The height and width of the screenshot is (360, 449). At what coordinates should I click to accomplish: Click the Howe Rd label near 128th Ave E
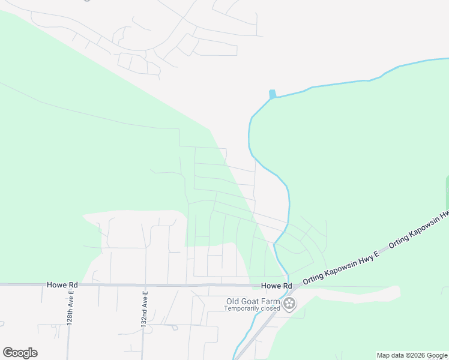pyautogui.click(x=62, y=284)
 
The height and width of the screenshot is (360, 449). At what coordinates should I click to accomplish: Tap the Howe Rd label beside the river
pyautogui.click(x=276, y=286)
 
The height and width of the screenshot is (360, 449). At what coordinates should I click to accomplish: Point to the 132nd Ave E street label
pyautogui.click(x=145, y=310)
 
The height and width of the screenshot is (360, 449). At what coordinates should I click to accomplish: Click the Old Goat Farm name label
pyautogui.click(x=252, y=301)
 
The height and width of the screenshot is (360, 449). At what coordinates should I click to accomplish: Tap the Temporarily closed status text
pyautogui.click(x=252, y=308)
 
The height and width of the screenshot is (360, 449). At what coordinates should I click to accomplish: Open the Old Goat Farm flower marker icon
pyautogui.click(x=290, y=304)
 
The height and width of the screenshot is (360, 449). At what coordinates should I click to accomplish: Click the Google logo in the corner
pyautogui.click(x=20, y=353)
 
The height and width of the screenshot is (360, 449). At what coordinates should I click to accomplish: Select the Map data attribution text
pyautogui.click(x=412, y=355)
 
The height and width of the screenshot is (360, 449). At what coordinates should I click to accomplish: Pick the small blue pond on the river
pyautogui.click(x=273, y=94)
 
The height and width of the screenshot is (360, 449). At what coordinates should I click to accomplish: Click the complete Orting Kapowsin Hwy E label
pyautogui.click(x=342, y=268)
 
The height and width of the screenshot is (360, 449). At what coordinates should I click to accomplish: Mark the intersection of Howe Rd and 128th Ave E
pyautogui.click(x=70, y=285)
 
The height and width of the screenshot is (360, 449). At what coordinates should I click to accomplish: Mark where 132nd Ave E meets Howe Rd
pyautogui.click(x=145, y=285)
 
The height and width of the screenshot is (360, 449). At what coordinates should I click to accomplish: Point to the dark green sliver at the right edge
pyautogui.click(x=447, y=192)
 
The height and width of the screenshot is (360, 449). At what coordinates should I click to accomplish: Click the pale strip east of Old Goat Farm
pyautogui.click(x=360, y=294)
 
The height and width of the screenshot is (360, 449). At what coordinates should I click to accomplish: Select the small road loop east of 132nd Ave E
pyautogui.click(x=173, y=328)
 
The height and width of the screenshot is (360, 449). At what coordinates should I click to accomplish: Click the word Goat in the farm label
pyautogui.click(x=252, y=301)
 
